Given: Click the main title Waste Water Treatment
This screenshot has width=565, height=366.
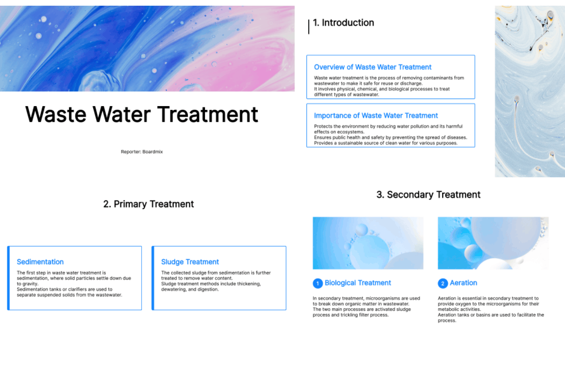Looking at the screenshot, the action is (142, 115).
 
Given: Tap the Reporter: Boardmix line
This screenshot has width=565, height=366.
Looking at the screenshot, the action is (142, 152).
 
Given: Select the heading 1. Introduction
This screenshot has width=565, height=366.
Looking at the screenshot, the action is (343, 22).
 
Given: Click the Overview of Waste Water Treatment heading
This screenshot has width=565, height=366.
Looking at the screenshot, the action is (372, 67).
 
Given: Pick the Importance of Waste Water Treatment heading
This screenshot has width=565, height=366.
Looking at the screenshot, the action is (376, 116).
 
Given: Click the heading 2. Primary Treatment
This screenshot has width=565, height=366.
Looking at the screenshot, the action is (149, 204).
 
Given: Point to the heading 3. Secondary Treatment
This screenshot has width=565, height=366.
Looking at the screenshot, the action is (428, 195).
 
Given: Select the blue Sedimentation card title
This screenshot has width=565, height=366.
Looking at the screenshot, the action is (40, 262).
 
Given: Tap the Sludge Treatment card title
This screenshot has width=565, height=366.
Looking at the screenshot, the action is (190, 262).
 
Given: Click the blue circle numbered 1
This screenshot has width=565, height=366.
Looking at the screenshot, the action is (318, 283).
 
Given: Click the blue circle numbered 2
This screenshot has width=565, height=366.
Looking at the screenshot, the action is (443, 283).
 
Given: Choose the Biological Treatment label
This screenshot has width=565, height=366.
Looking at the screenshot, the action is (358, 283).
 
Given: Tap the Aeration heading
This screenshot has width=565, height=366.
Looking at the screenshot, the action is (464, 283).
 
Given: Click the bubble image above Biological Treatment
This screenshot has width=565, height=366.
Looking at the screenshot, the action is (368, 243).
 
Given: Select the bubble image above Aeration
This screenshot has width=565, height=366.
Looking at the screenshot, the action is (493, 243).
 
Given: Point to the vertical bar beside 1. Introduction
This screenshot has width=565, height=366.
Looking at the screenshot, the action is (309, 27).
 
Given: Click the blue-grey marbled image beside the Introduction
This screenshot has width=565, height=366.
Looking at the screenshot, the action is (529, 91).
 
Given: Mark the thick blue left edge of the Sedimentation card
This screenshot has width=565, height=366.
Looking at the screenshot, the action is (8, 278).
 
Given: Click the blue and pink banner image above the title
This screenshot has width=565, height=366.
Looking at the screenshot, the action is (148, 49).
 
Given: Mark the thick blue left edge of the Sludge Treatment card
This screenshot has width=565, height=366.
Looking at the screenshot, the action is (153, 278).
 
